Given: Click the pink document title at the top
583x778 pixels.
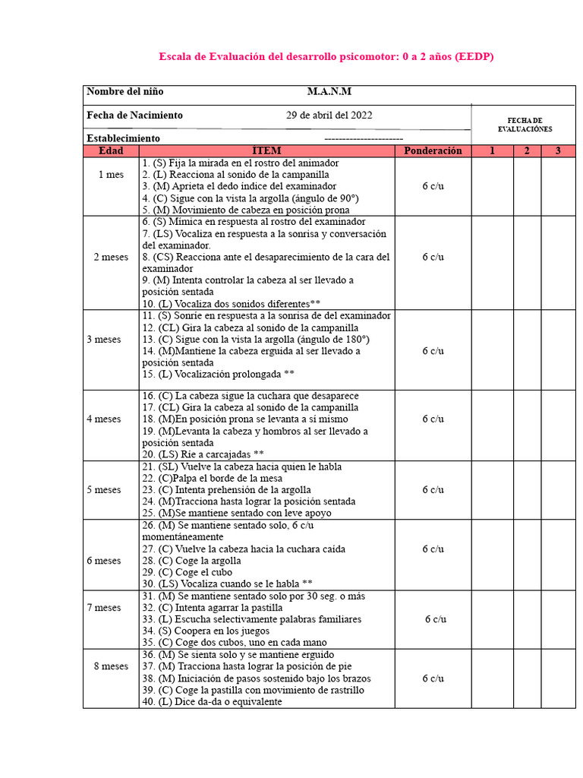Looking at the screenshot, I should (326, 57).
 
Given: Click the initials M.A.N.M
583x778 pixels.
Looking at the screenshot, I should (329, 92).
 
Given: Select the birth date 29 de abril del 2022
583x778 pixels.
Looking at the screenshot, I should (329, 115).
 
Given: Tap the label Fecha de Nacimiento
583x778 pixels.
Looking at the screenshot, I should (134, 115).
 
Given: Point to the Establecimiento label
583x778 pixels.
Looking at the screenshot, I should (123, 138).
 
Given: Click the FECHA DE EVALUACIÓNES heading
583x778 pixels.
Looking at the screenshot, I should (525, 125).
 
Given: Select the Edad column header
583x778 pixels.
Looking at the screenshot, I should (111, 151).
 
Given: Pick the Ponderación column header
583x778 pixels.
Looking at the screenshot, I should (433, 151).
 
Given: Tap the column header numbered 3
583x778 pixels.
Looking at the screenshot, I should (558, 151).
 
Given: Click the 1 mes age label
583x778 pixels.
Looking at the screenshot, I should (111, 175).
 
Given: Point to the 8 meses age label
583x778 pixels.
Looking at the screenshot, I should (111, 666).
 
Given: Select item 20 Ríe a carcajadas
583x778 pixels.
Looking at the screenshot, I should (203, 454).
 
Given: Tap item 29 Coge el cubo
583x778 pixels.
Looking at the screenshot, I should (187, 572).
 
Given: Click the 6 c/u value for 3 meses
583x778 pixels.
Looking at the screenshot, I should (433, 351).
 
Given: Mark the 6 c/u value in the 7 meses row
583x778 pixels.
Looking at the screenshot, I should (436, 619).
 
